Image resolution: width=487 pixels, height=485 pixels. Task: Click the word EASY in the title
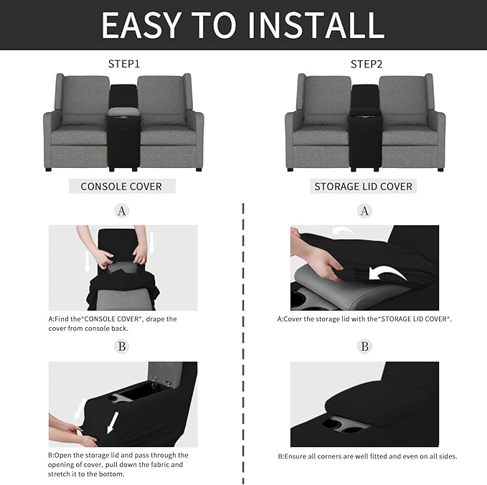(x=142, y=25)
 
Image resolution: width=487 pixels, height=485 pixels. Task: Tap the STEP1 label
(x=123, y=64)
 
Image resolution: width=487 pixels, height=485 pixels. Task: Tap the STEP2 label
(x=366, y=64)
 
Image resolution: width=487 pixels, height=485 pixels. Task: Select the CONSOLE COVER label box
(x=121, y=187)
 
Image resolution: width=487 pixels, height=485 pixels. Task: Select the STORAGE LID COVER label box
(x=364, y=187)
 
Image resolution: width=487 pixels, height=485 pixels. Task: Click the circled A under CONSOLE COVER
(x=122, y=211)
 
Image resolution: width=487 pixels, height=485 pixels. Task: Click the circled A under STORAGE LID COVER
(x=365, y=211)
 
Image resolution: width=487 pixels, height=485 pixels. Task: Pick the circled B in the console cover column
(x=122, y=347)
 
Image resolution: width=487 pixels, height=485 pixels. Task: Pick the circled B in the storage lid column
(x=365, y=347)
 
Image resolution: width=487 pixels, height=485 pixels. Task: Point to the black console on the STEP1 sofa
(x=123, y=129)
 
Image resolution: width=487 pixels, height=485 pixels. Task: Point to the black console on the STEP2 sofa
(x=365, y=129)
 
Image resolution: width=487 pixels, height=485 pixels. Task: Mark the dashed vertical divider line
(x=244, y=337)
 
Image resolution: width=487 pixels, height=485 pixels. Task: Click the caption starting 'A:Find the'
(x=113, y=324)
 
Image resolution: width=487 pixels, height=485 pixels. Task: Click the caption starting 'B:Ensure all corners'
(x=367, y=456)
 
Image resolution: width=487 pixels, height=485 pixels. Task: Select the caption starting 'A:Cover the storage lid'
(x=364, y=319)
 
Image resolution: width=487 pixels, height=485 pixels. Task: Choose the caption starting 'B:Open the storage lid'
(x=118, y=464)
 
